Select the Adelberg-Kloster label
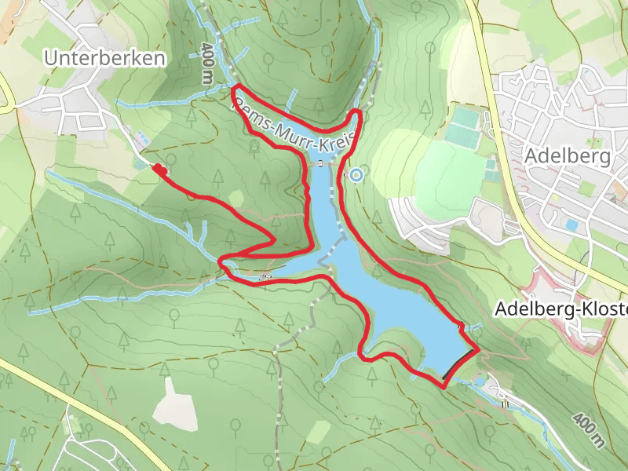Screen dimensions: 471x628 560,309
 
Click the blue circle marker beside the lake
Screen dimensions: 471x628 356,174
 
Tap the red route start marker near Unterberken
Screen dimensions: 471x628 159,169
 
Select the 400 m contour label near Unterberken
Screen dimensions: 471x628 206,63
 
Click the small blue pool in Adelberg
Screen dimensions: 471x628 571,225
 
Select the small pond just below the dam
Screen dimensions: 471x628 479,382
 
